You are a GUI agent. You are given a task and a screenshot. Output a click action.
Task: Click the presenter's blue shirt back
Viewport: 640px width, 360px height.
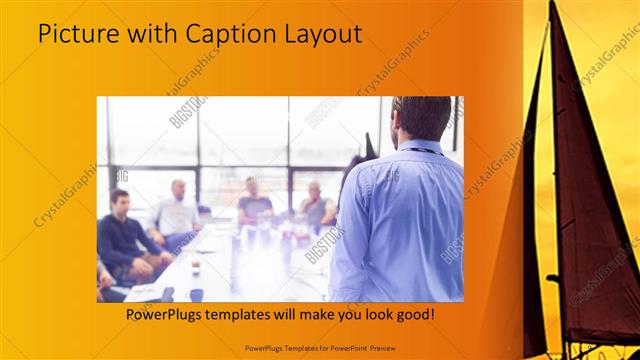tap(400, 220)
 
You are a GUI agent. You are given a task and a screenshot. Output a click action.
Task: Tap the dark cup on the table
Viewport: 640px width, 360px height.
tap(196, 294)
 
